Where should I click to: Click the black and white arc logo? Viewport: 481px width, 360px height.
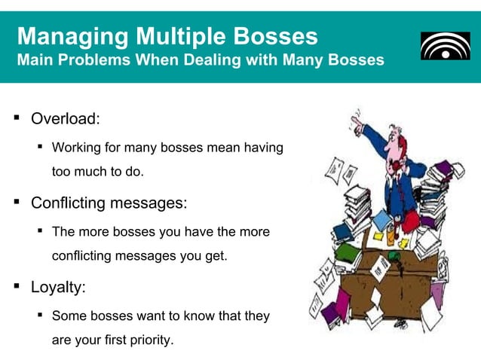pyautogui.click(x=444, y=47)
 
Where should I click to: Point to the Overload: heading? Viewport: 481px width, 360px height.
pyautogui.click(x=65, y=119)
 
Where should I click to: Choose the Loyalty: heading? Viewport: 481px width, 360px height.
pyautogui.click(x=58, y=287)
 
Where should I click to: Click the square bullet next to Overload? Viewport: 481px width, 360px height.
pyautogui.click(x=16, y=118)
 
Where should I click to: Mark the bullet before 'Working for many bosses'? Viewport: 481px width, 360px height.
pyautogui.click(x=39, y=146)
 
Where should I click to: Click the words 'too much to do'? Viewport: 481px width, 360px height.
pyautogui.click(x=97, y=171)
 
